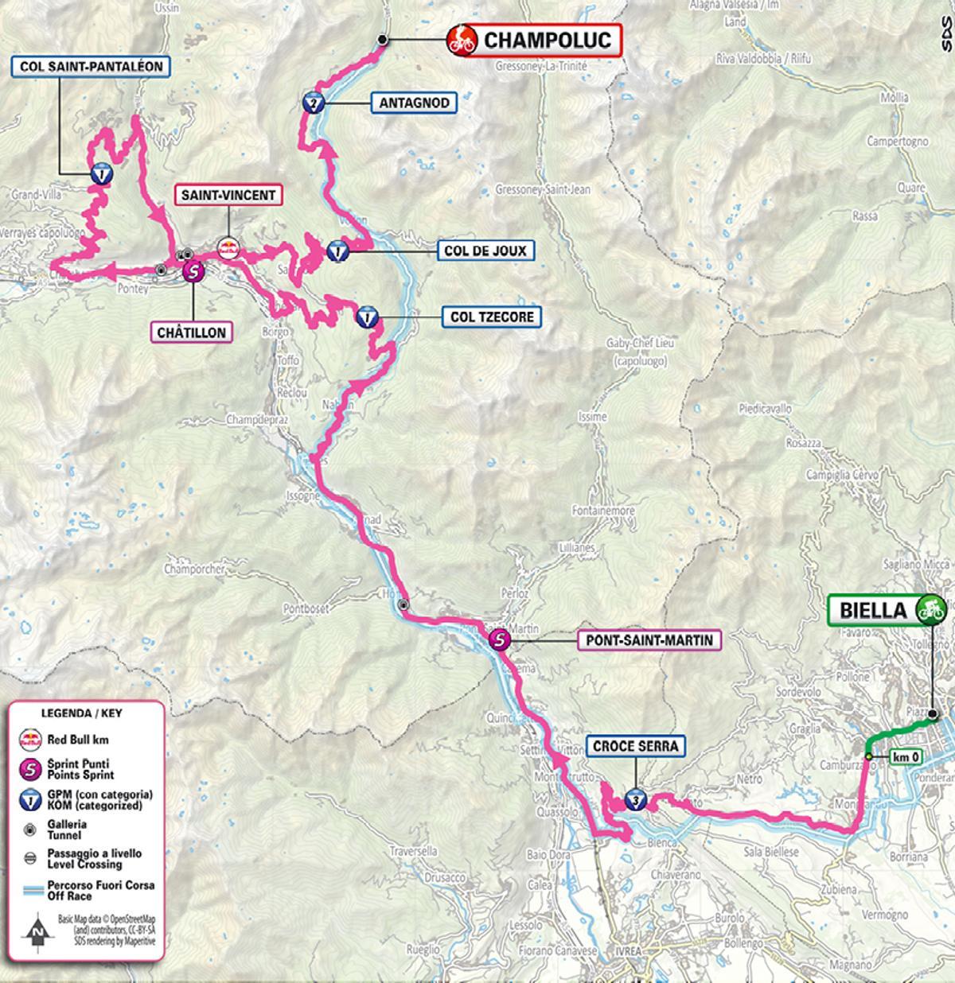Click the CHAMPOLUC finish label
coord(547,39)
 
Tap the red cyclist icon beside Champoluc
coord(461,39)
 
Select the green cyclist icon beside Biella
coord(929,609)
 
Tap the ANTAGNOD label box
coord(414,103)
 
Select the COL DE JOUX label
coord(485,251)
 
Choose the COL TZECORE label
coord(492,317)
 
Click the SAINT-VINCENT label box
coord(228,195)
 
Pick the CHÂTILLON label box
coord(191,332)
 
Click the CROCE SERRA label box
coord(635,746)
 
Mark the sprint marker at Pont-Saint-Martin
coord(499,639)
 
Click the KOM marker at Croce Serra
coord(634,798)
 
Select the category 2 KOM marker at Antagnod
coord(313,103)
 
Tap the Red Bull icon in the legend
coord(30,739)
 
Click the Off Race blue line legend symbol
coord(30,890)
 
